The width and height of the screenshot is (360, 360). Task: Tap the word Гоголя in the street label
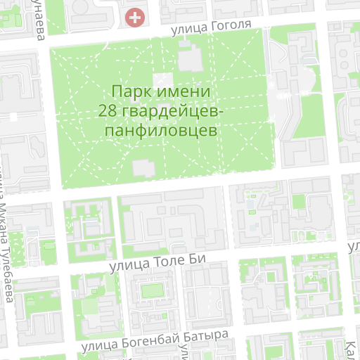tap(229, 26)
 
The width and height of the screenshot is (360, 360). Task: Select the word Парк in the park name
tap(130, 91)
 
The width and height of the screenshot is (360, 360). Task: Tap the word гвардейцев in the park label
tap(172, 111)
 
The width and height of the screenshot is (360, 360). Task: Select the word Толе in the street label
tap(169, 262)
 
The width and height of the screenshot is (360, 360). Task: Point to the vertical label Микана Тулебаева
tap(6, 246)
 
